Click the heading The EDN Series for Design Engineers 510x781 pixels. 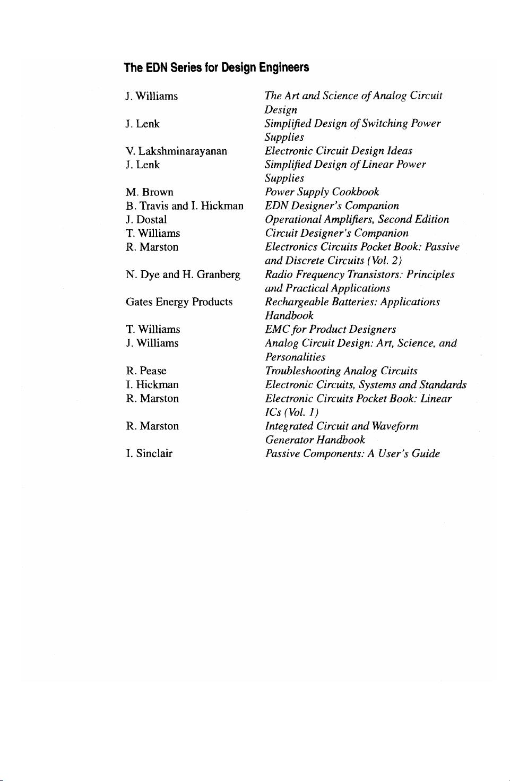[216, 67]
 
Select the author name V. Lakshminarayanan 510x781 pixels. [176, 151]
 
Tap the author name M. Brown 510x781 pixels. [149, 192]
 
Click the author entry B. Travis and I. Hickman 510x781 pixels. [184, 206]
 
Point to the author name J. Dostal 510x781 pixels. [146, 220]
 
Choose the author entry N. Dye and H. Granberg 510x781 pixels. [183, 274]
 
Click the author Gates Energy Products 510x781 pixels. [179, 302]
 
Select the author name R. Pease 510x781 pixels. [146, 371]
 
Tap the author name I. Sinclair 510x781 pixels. [149, 453]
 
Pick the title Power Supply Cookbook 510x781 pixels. [322, 192]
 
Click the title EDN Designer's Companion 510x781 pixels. [332, 206]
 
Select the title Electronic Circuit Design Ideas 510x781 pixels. [339, 151]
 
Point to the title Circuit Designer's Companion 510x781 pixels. [336, 234]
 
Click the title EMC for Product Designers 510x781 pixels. [330, 330]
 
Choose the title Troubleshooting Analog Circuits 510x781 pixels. [341, 371]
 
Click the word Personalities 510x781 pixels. [295, 357]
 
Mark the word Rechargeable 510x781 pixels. [297, 302]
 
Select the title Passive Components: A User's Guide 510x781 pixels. [352, 454]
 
